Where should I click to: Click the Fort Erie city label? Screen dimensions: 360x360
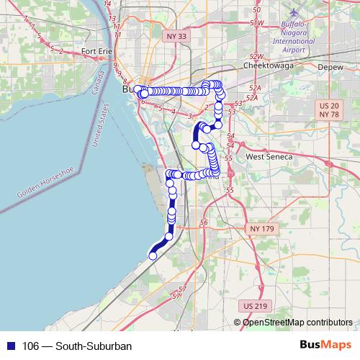point(98,51)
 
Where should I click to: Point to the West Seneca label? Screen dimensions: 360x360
point(269,156)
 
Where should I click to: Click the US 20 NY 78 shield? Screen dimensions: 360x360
point(328,110)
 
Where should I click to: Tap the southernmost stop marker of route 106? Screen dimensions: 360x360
point(153,255)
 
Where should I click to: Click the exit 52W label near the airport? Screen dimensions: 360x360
point(256,24)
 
